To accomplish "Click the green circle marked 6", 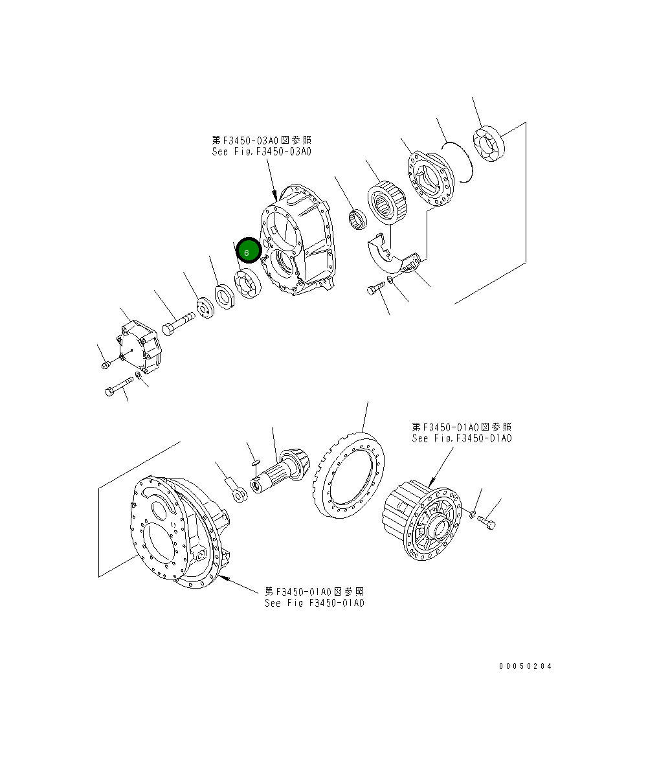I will click(x=248, y=251).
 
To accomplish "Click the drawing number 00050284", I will click(x=525, y=666).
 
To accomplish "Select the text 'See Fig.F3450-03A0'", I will click(x=262, y=152).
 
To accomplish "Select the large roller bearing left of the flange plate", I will click(x=388, y=203).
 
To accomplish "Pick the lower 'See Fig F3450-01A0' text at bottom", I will click(x=314, y=603).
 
